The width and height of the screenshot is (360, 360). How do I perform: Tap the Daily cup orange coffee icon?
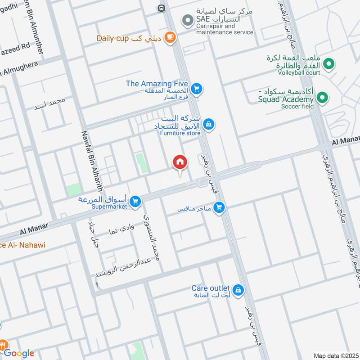click(170, 38)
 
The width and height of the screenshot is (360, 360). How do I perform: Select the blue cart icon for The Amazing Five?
click(196, 89)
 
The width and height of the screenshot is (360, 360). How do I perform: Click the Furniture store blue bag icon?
click(208, 123)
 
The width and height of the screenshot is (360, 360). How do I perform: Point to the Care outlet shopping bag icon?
click(239, 290)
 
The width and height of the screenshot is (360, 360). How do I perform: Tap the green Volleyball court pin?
click(328, 64)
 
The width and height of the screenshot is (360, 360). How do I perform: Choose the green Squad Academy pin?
click(322, 97)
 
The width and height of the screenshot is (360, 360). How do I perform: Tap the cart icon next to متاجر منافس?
click(219, 207)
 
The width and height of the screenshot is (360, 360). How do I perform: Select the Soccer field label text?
click(297, 107)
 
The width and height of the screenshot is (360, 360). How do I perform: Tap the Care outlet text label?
click(211, 288)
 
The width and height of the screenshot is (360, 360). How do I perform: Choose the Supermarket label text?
click(110, 207)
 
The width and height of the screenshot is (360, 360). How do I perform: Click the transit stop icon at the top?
click(161, 8)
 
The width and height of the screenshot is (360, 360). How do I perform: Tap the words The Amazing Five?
click(157, 83)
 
